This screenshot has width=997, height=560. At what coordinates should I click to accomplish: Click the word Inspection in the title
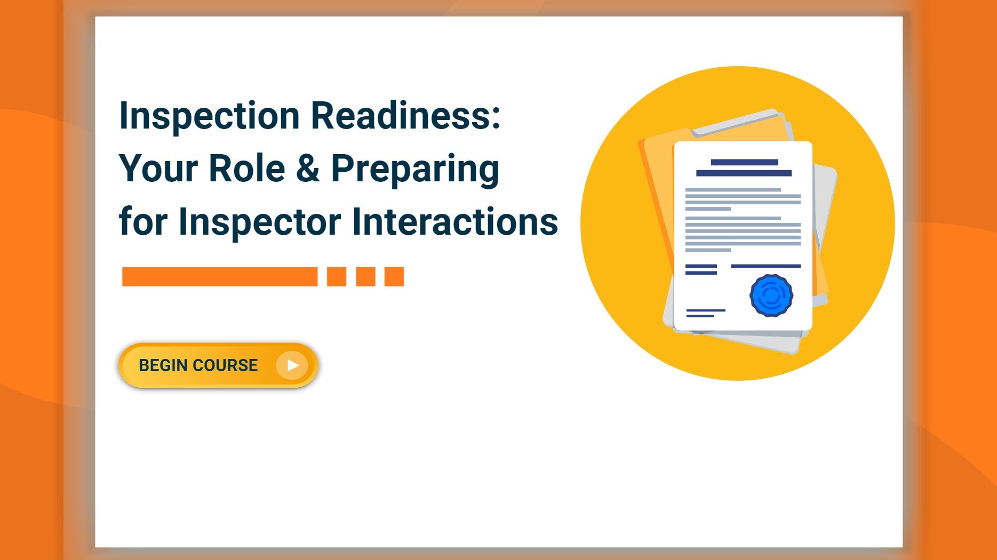coord(210,116)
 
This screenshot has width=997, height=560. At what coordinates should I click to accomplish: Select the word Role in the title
coord(247,169)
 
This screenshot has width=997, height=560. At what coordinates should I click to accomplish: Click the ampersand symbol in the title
coord(307,169)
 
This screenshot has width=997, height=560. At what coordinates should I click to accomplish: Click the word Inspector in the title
coord(259,222)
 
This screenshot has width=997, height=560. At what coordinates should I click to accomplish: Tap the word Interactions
coord(455,222)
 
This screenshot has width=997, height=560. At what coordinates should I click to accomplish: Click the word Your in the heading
coord(158,169)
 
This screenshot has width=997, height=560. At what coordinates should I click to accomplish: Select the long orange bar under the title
coord(220,277)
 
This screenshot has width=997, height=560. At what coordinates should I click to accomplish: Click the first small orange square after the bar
coord(337,277)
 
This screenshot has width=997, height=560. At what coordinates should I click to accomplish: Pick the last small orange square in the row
coord(394,277)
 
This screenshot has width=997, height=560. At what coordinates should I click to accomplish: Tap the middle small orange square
coord(365,277)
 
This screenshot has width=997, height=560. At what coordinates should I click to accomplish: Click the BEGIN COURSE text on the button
coord(198,365)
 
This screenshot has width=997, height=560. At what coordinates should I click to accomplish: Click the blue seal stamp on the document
coord(771,295)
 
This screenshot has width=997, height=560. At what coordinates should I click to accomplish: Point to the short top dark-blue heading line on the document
coord(744,162)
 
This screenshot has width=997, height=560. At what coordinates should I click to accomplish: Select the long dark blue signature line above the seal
coord(765,266)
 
